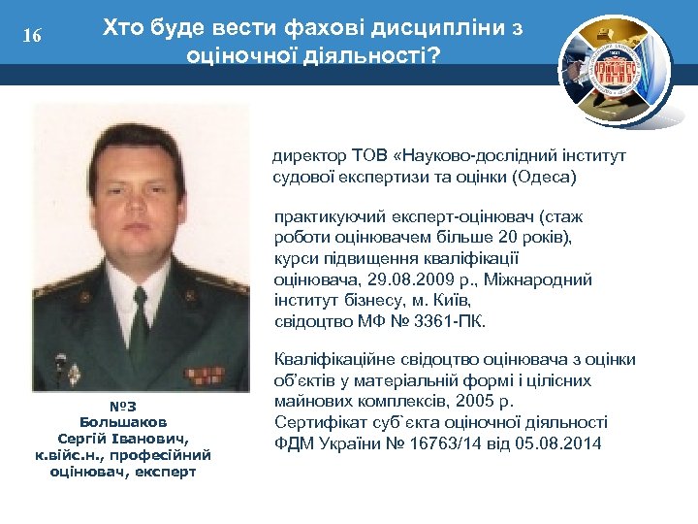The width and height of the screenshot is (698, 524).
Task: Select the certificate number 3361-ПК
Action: (453, 321)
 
